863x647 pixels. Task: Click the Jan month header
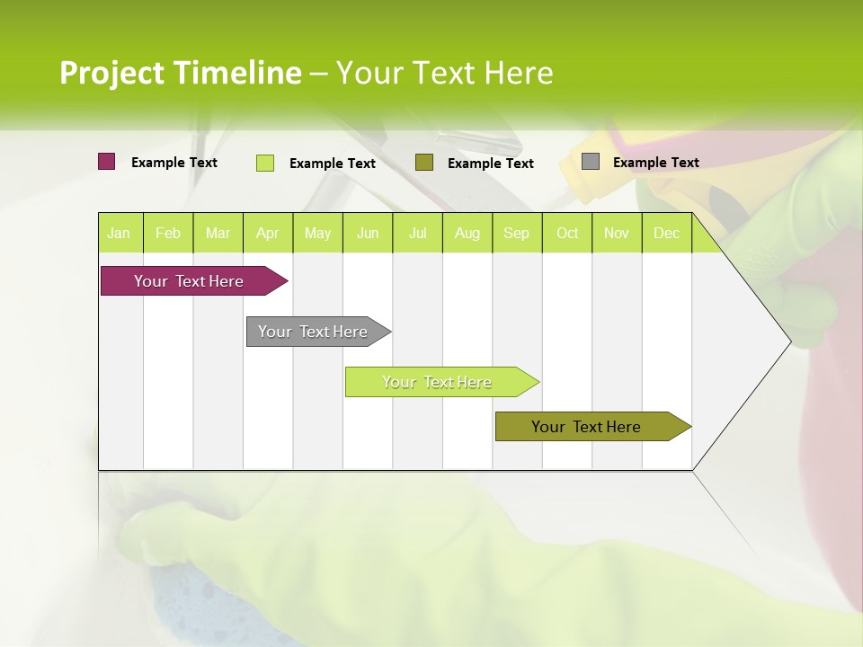119,233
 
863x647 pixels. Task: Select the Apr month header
268,233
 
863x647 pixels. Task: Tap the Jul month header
417,233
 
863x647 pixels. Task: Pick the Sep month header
516,233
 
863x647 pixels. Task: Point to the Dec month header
666,233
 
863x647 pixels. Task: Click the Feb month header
168,233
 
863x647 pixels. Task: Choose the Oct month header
567,233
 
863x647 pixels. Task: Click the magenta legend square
107,162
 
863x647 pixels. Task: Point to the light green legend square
265,163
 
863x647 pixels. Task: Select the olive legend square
424,162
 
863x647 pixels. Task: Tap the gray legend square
591,162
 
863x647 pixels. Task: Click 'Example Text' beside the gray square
655,163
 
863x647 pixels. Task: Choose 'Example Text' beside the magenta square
174,163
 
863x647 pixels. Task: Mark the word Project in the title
111,73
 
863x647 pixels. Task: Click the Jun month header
368,233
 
